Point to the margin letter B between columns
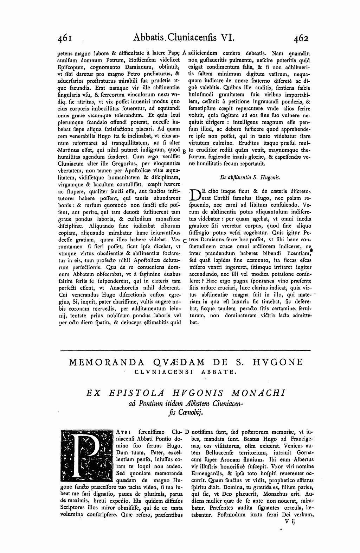coord(185,150)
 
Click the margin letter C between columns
coord(185,241)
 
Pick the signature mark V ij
coord(291,522)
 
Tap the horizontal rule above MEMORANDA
coord(186,350)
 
